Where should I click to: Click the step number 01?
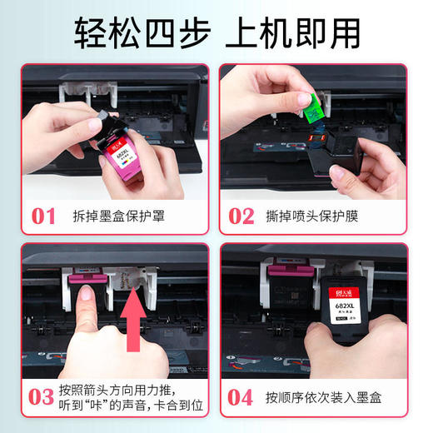(43, 216)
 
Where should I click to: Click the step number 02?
(241, 216)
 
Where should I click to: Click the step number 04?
(241, 396)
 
